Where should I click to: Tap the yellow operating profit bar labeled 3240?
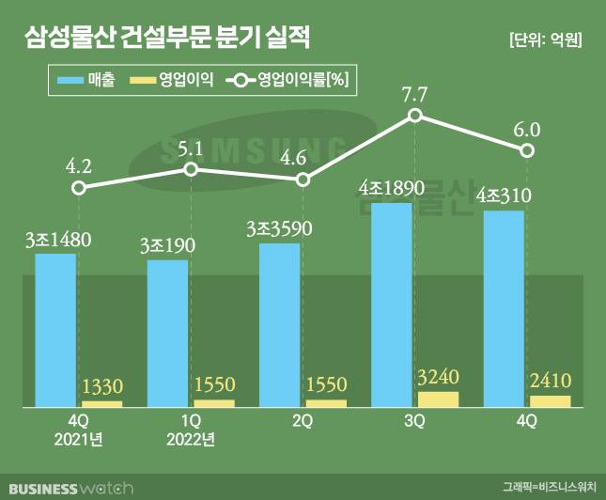(x=439, y=398)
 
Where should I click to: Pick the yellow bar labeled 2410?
(x=551, y=401)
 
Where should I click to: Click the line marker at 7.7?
(x=416, y=116)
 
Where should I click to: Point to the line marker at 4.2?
(x=80, y=188)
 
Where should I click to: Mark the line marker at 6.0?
(x=529, y=151)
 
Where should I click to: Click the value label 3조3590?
(x=279, y=228)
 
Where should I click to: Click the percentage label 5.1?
(x=191, y=148)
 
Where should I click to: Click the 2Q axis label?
(x=302, y=420)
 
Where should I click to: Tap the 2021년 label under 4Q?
(x=79, y=440)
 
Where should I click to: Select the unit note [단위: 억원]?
(x=545, y=39)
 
